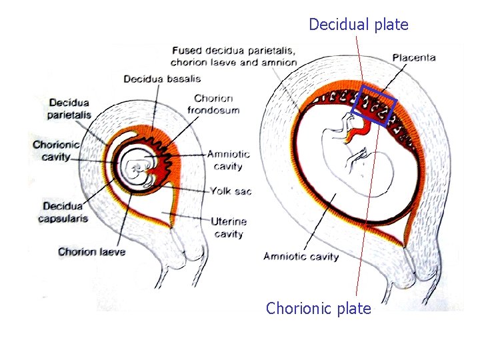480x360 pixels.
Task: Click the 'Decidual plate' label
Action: [x=358, y=25]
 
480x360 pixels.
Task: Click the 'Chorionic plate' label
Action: [x=318, y=309]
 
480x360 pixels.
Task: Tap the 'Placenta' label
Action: [x=413, y=58]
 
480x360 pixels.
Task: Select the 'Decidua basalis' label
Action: [x=162, y=79]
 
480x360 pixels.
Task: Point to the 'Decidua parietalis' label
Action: [x=69, y=109]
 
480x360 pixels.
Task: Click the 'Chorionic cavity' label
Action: [x=57, y=151]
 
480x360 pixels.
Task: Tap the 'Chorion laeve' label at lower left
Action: [x=91, y=251]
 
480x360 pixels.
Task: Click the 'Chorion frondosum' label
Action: [x=213, y=105]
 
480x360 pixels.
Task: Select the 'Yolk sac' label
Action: [x=231, y=191]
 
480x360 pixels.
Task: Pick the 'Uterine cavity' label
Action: [x=229, y=227]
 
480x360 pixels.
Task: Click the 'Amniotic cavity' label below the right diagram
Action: [x=301, y=256]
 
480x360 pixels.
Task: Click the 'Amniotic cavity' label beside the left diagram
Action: [x=229, y=161]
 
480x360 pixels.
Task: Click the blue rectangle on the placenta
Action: [x=378, y=105]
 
